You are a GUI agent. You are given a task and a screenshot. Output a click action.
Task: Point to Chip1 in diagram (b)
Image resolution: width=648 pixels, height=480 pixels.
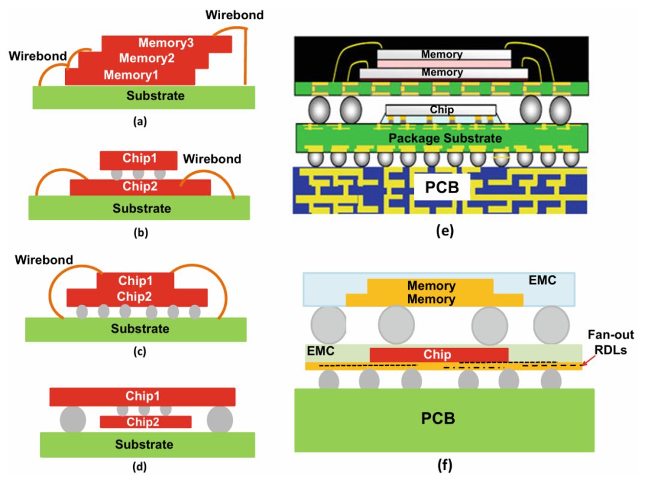139,160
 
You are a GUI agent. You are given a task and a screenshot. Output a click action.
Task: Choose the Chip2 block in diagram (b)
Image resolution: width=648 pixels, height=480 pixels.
140,187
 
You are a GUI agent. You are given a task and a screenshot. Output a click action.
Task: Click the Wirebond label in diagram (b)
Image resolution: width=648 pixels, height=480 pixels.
212,160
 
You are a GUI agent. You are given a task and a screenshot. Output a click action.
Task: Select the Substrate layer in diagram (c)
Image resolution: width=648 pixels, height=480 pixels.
136,329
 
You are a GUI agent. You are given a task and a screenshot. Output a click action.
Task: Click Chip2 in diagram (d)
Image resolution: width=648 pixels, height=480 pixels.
146,422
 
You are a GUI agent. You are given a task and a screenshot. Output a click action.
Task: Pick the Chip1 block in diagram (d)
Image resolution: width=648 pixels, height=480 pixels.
142,397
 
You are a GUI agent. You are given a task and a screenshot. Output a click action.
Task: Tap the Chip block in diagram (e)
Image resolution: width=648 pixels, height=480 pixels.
441,110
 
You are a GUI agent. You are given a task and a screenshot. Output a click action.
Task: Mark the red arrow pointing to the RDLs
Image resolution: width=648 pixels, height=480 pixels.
589,361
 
